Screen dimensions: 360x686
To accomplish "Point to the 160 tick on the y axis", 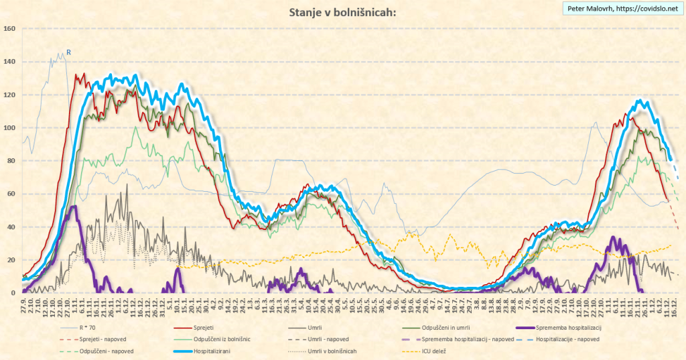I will (9, 29).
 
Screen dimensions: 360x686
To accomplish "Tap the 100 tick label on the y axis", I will (9, 128).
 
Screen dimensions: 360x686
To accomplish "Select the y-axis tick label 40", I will (11, 227).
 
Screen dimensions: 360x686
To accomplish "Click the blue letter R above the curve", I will (68, 52).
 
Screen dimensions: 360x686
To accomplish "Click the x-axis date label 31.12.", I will (162, 305).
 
